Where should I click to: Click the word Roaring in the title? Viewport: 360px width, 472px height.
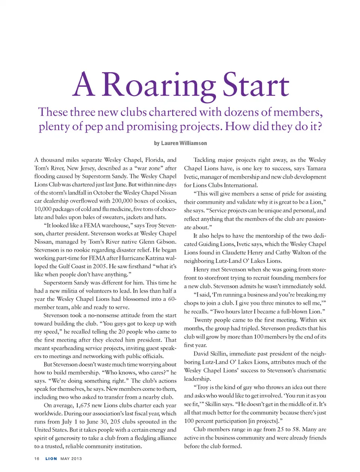[x=158, y=85]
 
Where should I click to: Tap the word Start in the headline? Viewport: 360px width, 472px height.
[x=256, y=85]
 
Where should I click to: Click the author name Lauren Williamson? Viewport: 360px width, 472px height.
[x=184, y=143]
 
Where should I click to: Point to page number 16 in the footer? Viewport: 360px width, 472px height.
[x=37, y=459]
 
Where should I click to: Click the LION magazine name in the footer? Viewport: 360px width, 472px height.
[x=51, y=459]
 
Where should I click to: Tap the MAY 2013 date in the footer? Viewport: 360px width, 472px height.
[x=71, y=459]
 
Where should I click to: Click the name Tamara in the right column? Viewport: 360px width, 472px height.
[x=316, y=168]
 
